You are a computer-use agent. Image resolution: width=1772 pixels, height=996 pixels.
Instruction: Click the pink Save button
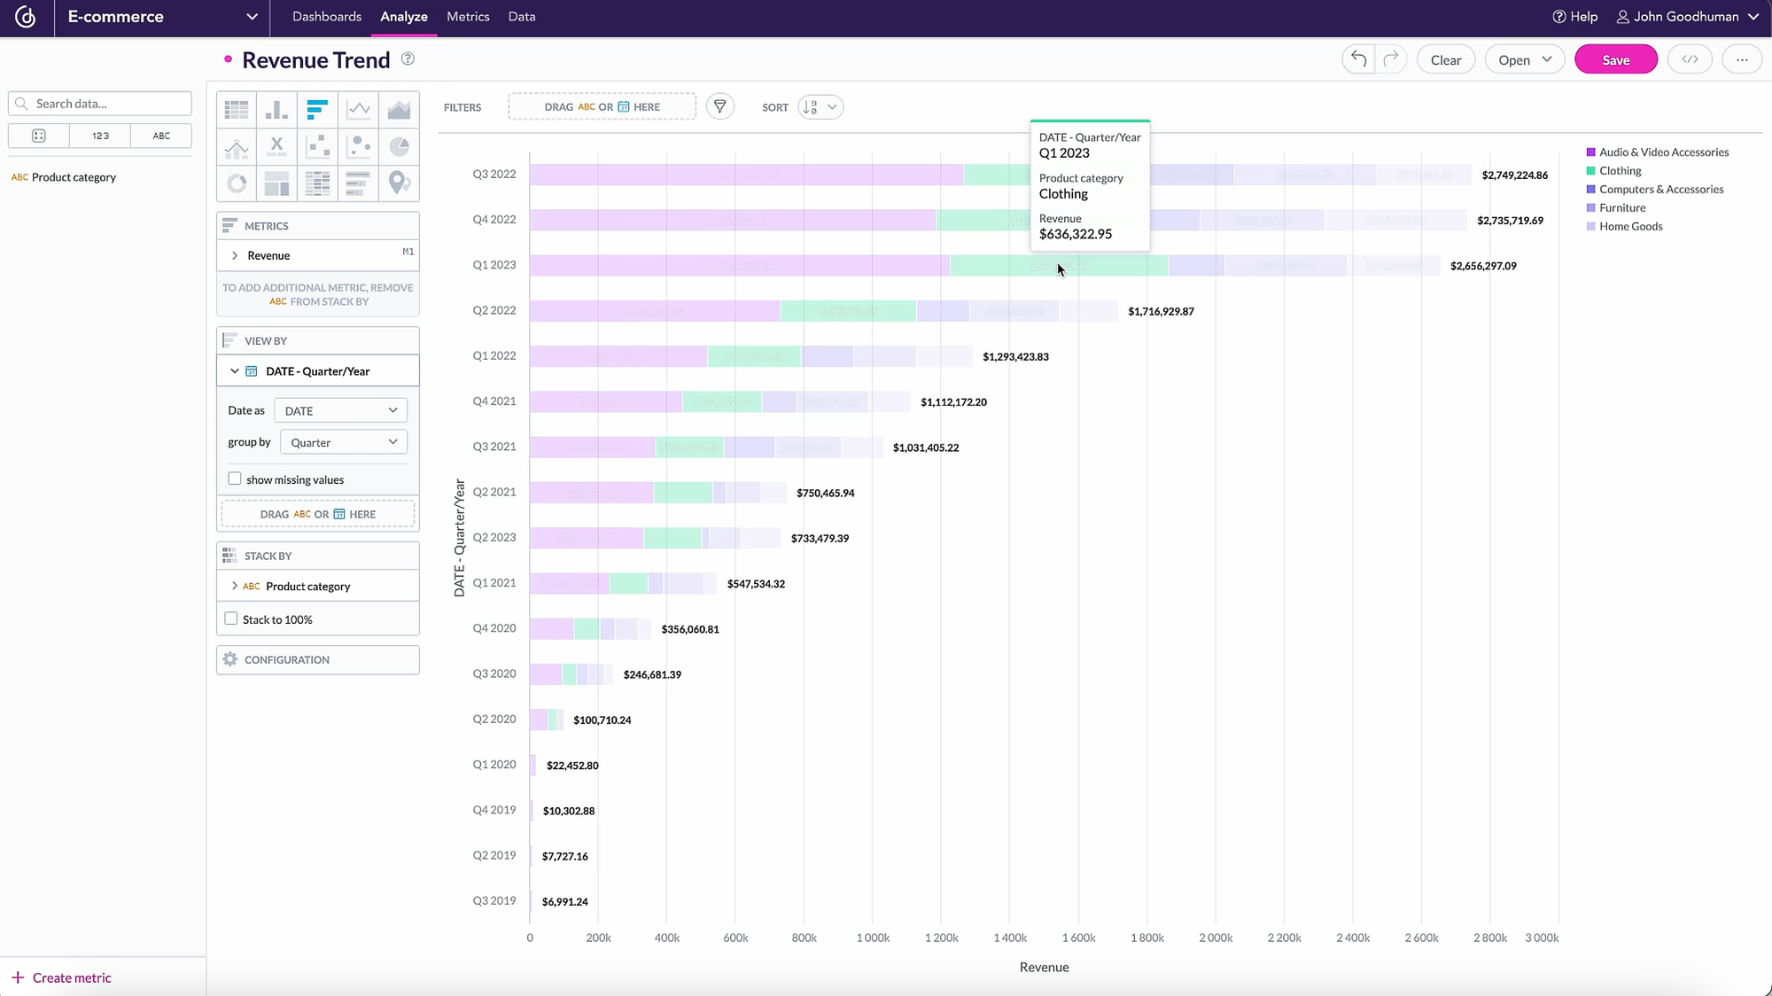(1615, 60)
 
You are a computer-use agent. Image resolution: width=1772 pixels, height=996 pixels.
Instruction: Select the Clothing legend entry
(1620, 171)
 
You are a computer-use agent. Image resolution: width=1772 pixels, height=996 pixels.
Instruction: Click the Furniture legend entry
(1621, 208)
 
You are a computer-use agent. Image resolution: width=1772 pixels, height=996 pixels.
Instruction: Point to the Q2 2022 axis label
(494, 310)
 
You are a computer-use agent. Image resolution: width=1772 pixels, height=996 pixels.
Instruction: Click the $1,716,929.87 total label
(1161, 312)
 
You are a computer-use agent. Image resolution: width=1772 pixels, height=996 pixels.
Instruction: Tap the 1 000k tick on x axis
(872, 938)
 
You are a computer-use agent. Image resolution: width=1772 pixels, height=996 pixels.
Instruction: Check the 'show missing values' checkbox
(235, 479)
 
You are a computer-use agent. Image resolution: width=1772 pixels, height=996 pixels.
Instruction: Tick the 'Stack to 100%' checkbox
(231, 619)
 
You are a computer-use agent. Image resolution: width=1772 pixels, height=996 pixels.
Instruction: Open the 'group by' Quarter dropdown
(343, 442)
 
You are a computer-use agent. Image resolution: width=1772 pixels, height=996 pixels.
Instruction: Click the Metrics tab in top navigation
(468, 17)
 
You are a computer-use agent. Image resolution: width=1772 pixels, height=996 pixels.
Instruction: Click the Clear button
(1445, 60)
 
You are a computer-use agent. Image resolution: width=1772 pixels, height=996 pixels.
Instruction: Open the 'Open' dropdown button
(1524, 60)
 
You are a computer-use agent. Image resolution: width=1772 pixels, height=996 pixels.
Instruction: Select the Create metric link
(71, 978)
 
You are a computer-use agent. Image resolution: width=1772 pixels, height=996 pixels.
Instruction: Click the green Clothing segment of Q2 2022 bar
(847, 311)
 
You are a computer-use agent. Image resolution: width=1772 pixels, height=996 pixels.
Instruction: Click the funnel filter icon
(719, 107)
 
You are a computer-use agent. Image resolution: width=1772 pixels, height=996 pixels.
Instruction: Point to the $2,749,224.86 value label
(1514, 175)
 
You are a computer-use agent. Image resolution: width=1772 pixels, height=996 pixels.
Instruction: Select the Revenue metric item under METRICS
(268, 256)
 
